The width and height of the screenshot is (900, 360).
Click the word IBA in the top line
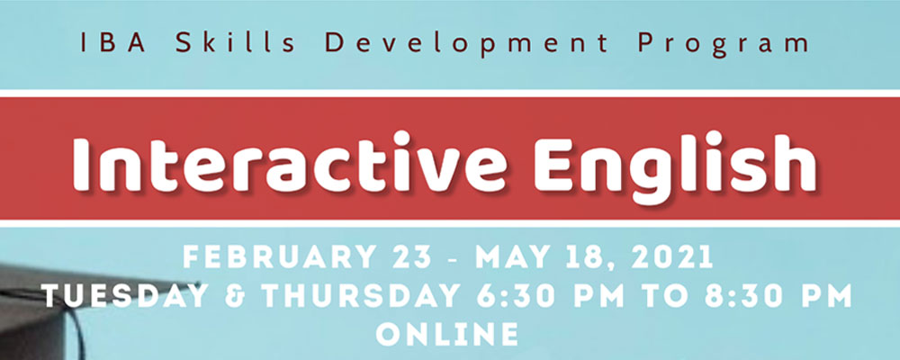104,42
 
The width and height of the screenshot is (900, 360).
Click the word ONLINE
447,335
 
